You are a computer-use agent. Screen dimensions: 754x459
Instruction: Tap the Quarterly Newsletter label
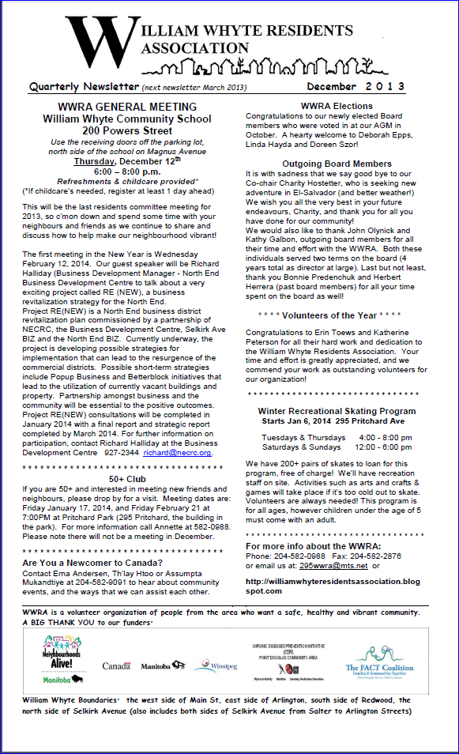84,87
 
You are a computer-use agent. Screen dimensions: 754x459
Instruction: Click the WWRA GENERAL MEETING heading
127,107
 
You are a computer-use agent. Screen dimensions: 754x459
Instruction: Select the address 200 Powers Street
127,130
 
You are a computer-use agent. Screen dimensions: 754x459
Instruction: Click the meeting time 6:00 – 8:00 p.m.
127,172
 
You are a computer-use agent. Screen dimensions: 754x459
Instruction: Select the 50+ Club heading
126,478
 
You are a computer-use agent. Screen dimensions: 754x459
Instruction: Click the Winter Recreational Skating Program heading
337,411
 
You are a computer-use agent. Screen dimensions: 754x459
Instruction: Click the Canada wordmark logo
116,666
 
